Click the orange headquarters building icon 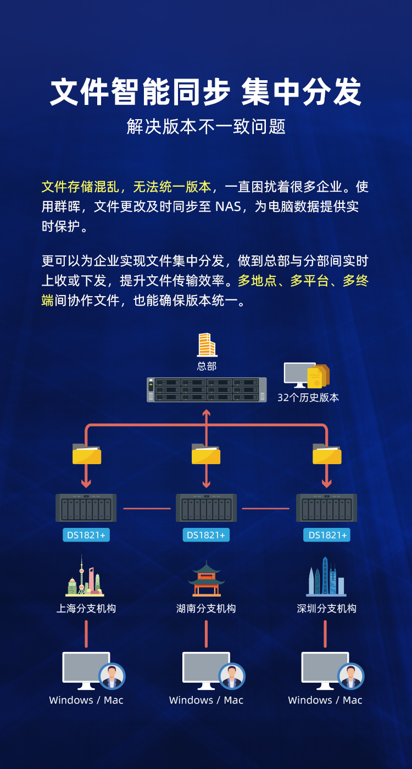207,345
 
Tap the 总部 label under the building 207,366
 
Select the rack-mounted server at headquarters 207,389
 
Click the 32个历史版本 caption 308,398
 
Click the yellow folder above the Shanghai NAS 87,454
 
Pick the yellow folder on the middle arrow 206,454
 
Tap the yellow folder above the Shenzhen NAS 327,454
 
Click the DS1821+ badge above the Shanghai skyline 86,535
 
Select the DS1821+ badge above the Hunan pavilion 206,535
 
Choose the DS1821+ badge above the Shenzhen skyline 327,535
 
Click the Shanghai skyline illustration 85,576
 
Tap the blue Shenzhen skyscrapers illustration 326,577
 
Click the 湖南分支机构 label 206,609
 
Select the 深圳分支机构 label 326,609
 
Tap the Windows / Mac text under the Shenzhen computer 325,700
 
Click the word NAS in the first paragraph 228,207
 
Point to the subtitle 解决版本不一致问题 206,127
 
